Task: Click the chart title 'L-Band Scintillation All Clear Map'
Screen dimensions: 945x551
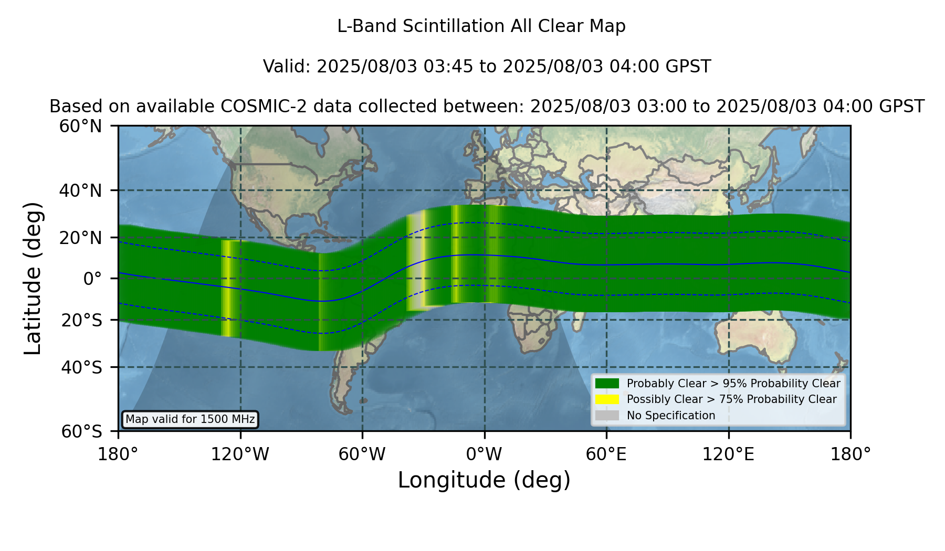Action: pyautogui.click(x=481, y=26)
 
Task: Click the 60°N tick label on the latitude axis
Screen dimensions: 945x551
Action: pyautogui.click(x=81, y=126)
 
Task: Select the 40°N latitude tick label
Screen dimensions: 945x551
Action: pyautogui.click(x=81, y=190)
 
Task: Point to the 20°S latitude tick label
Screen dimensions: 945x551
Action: pyautogui.click(x=82, y=320)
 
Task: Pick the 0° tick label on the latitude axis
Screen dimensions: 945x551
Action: pyautogui.click(x=92, y=279)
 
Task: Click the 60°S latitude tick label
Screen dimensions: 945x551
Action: pyautogui.click(x=82, y=431)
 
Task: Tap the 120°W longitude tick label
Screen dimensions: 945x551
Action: pyautogui.click(x=240, y=454)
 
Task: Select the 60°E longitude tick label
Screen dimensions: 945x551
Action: pyautogui.click(x=606, y=454)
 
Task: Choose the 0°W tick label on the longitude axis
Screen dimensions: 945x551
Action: pyautogui.click(x=484, y=454)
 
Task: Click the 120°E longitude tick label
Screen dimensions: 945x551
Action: pyautogui.click(x=728, y=454)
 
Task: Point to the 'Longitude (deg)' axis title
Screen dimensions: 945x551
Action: pyautogui.click(x=484, y=480)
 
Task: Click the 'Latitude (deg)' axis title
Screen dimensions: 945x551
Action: pyautogui.click(x=33, y=278)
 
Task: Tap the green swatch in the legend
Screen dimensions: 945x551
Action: pyautogui.click(x=607, y=384)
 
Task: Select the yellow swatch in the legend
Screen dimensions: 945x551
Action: pyautogui.click(x=607, y=399)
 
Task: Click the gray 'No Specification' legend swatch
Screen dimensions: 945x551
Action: pyautogui.click(x=607, y=416)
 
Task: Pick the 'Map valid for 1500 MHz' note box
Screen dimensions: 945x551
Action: pyautogui.click(x=190, y=419)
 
